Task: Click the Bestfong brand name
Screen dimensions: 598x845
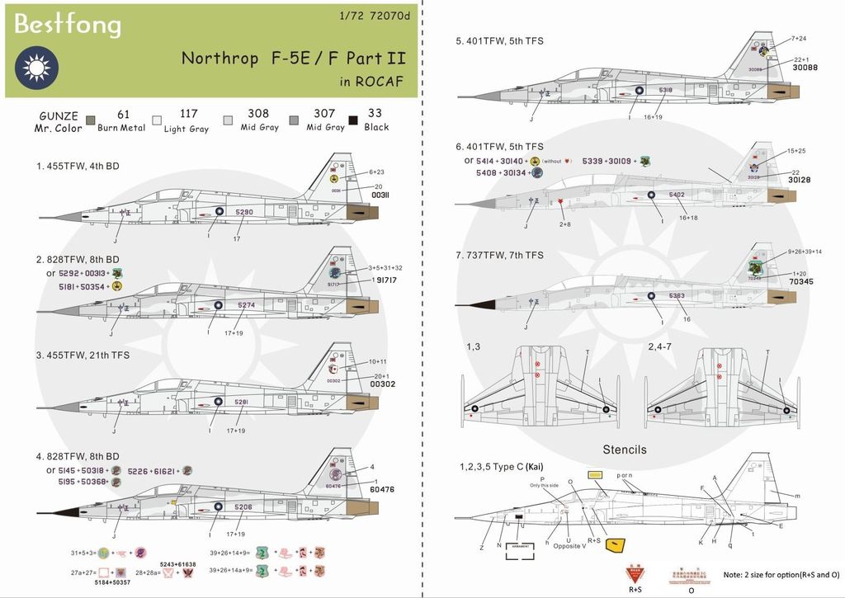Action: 68,26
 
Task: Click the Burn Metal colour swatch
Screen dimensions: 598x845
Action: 91,120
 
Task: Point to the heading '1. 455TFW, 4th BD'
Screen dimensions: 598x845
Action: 78,166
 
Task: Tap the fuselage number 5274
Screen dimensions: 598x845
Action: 246,305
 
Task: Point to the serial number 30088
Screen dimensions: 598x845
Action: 805,69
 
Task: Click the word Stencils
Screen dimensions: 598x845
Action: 625,450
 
